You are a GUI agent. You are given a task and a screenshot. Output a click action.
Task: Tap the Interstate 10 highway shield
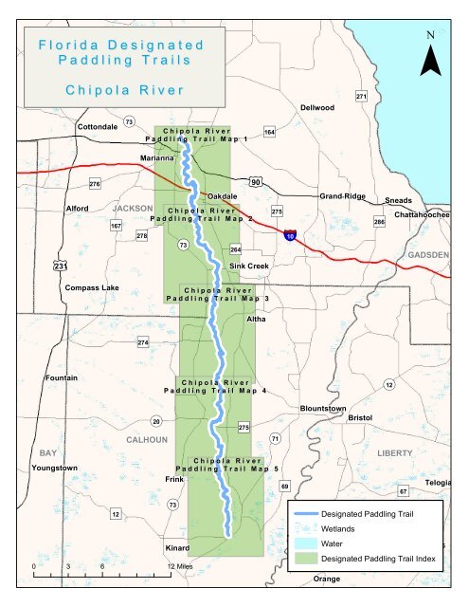click(x=289, y=233)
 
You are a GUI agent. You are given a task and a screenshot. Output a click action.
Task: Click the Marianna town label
click(x=156, y=157)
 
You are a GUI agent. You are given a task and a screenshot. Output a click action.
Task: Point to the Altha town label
click(x=256, y=320)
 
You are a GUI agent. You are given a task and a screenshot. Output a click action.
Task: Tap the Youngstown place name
click(x=54, y=469)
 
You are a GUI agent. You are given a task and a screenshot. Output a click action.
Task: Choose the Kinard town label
click(x=175, y=548)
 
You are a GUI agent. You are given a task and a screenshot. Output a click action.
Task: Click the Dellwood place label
click(x=317, y=107)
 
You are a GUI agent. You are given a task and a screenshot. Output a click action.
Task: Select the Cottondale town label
click(x=97, y=126)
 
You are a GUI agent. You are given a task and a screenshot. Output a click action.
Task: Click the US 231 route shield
click(x=60, y=267)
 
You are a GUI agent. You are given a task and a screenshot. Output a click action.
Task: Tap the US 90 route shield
click(x=256, y=181)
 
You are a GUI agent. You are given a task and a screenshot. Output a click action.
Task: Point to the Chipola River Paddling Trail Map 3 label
click(x=217, y=294)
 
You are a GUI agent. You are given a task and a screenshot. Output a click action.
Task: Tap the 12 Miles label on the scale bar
click(x=179, y=566)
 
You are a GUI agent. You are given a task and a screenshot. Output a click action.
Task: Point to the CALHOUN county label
click(x=147, y=439)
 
